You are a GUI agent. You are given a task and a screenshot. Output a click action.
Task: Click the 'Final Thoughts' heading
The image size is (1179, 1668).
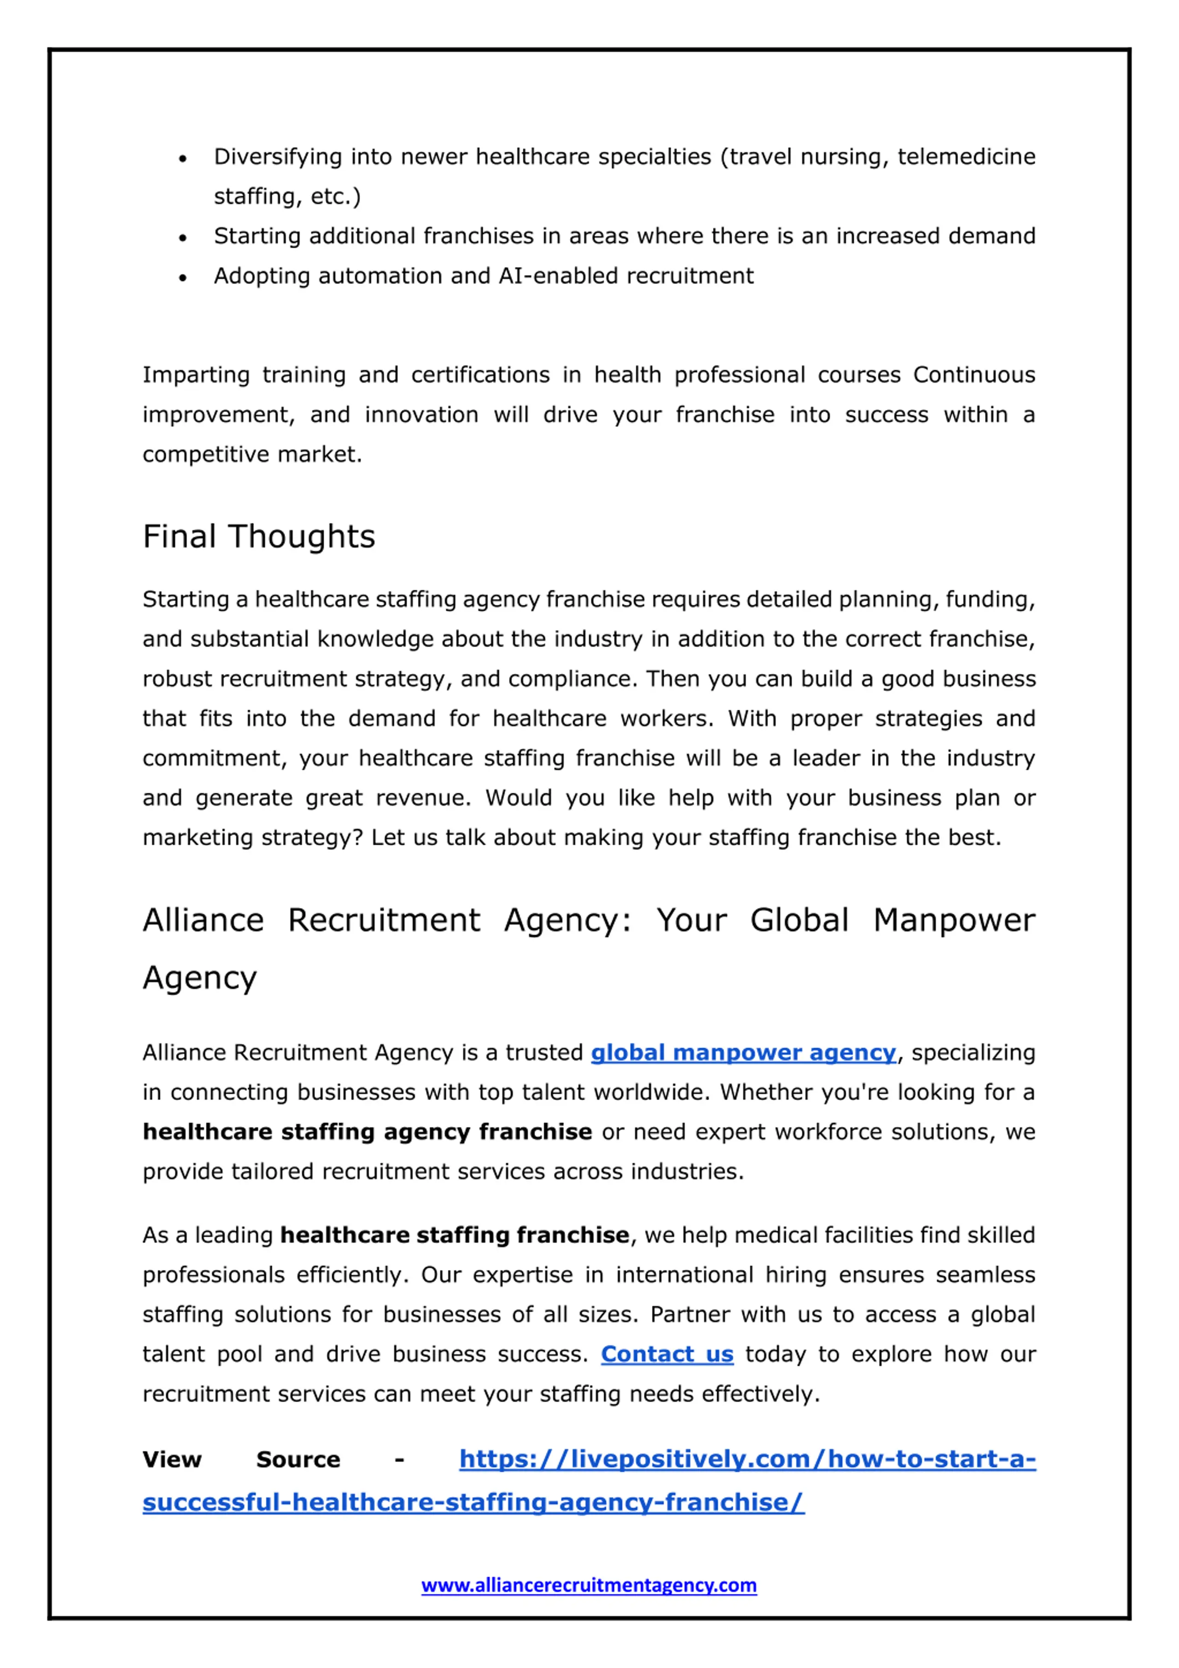[x=259, y=537]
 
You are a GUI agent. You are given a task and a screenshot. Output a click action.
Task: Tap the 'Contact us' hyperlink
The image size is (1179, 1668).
[x=667, y=1354]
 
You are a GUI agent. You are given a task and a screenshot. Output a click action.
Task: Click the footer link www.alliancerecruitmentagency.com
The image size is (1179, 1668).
[x=589, y=1585]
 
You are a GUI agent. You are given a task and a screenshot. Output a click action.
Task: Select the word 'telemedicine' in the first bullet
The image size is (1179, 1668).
[x=966, y=157]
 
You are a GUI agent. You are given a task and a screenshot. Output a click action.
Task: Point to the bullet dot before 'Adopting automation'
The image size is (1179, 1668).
[x=183, y=277]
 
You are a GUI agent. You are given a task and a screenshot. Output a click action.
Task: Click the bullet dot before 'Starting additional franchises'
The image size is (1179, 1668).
[x=183, y=238]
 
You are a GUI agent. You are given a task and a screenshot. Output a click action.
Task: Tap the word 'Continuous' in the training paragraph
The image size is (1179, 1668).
[x=974, y=375]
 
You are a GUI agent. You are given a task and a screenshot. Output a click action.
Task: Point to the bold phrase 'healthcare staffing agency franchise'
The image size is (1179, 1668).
[x=367, y=1132]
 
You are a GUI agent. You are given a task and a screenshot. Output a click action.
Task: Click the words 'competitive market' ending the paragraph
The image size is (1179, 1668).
[x=251, y=455]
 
